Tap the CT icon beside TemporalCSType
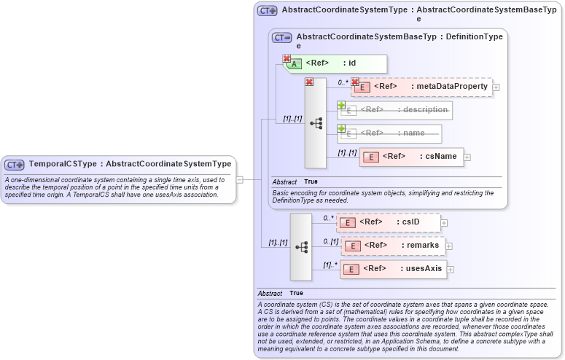(x=15, y=165)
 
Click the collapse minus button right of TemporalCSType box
(x=238, y=179)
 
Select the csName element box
(x=412, y=157)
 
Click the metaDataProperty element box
(x=422, y=87)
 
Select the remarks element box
(x=394, y=246)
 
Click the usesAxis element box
(x=394, y=269)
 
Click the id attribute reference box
(x=335, y=63)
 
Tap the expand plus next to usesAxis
(x=450, y=270)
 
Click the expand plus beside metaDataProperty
(x=496, y=87)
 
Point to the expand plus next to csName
(x=467, y=157)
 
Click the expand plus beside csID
(x=444, y=223)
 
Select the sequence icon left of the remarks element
(x=301, y=247)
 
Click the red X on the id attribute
(x=287, y=58)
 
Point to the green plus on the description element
(x=341, y=105)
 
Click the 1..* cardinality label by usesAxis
(x=330, y=265)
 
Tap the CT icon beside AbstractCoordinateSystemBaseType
(x=281, y=37)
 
